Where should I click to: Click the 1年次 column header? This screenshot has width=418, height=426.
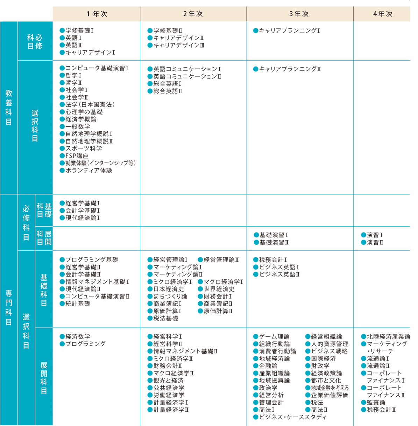click(x=97, y=14)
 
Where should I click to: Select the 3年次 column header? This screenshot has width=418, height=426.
click(x=299, y=14)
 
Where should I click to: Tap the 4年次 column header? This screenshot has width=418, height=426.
click(x=383, y=14)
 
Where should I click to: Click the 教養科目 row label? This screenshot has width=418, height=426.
click(x=9, y=108)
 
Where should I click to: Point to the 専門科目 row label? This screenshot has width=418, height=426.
click(x=9, y=308)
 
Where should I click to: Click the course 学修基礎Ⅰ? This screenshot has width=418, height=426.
click(x=79, y=30)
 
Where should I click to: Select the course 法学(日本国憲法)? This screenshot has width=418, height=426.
click(x=90, y=104)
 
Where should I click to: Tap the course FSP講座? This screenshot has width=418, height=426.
click(x=77, y=156)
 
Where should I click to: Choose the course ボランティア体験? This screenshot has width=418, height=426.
click(x=88, y=170)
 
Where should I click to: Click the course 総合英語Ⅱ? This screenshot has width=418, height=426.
click(x=168, y=91)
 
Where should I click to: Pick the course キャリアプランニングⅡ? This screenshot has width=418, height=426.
click(x=290, y=69)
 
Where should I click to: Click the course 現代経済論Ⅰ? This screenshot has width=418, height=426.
click(x=83, y=218)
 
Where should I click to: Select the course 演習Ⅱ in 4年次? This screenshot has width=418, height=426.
click(x=375, y=243)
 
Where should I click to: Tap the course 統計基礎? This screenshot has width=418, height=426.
click(x=78, y=304)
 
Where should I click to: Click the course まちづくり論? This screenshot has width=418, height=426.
click(x=170, y=296)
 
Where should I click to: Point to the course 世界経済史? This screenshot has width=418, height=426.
click(x=219, y=289)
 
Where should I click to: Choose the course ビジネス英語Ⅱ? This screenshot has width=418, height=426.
click(x=279, y=274)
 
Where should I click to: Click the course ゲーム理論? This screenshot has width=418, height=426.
click(x=274, y=337)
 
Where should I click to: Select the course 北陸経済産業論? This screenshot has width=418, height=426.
click(x=388, y=337)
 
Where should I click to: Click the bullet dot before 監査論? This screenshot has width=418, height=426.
click(x=363, y=402)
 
